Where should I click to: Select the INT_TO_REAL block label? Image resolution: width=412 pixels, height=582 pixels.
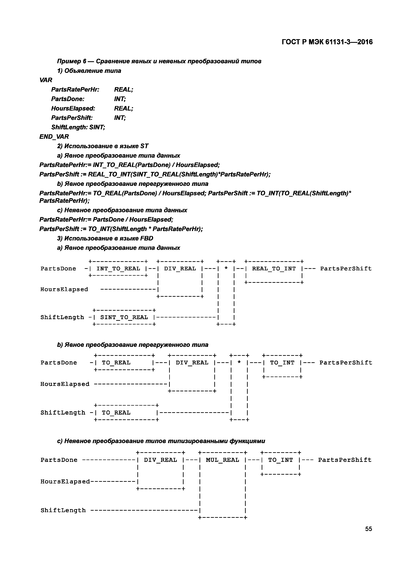tap(118, 269)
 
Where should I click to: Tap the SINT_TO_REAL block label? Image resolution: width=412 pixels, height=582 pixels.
tap(124, 317)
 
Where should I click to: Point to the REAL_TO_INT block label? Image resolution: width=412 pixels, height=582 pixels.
tap(274, 269)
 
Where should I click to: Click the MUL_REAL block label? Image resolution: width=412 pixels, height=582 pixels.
tap(222, 460)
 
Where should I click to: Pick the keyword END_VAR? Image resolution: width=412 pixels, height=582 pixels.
tap(54, 137)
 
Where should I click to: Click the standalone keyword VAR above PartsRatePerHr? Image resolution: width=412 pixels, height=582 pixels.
tap(46, 80)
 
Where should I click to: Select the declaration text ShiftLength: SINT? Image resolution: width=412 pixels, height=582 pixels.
tap(78, 127)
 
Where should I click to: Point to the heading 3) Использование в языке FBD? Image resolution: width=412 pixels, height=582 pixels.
tap(105, 238)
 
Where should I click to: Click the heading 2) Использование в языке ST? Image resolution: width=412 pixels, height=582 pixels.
tap(103, 146)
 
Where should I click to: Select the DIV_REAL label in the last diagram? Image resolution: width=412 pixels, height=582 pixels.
tap(160, 460)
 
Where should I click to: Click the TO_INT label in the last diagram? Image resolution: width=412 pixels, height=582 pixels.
tap(280, 460)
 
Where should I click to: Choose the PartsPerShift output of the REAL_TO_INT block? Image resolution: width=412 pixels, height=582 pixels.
tap(346, 269)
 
